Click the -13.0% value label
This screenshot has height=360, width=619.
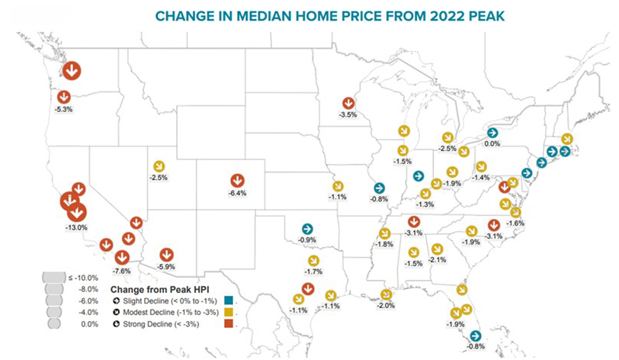(77, 227)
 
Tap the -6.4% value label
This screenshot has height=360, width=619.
(237, 194)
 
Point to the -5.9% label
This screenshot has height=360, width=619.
(166, 267)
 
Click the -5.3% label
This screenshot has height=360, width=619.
(64, 110)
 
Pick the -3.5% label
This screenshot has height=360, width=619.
(348, 114)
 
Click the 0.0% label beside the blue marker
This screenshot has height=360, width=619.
(492, 143)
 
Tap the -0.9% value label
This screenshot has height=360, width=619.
(306, 240)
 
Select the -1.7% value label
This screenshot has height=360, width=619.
(313, 272)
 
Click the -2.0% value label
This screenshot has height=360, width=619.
(386, 306)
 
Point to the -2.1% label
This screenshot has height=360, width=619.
(438, 260)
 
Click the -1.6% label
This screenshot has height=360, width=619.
(515, 223)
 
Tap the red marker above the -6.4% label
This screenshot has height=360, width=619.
(237, 181)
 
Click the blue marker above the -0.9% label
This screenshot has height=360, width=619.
(306, 228)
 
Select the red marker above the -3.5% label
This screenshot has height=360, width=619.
(348, 102)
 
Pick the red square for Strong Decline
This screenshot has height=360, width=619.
(229, 323)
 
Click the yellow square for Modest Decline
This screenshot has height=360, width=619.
(229, 312)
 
